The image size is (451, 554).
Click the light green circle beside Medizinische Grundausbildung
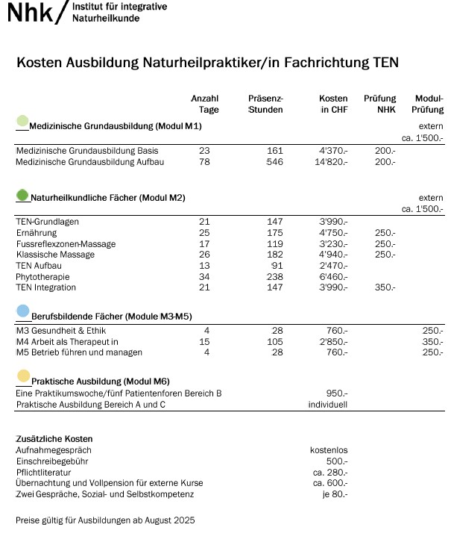pyautogui.click(x=22, y=121)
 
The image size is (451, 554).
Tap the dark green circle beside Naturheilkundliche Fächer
pyautogui.click(x=22, y=195)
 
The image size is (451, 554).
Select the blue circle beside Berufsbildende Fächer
pyautogui.click(x=22, y=311)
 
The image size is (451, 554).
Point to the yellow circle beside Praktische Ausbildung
pyautogui.click(x=23, y=376)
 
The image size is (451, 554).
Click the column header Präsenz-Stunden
pyautogui.click(x=265, y=105)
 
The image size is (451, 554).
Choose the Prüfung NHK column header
pyautogui.click(x=379, y=105)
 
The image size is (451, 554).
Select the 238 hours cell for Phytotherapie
pyautogui.click(x=274, y=276)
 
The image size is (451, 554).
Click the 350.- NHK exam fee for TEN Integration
pyautogui.click(x=385, y=287)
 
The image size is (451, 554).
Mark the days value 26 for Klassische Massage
pyautogui.click(x=204, y=255)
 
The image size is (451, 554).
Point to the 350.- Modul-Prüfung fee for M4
pyautogui.click(x=432, y=342)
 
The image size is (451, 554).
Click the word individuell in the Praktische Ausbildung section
pyautogui.click(x=328, y=405)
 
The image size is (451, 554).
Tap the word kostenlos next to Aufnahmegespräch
pyautogui.click(x=329, y=450)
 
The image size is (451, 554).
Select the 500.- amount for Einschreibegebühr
pyautogui.click(x=337, y=461)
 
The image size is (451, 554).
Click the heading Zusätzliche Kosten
pyautogui.click(x=54, y=439)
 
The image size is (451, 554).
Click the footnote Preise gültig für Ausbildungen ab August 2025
pyautogui.click(x=105, y=520)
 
